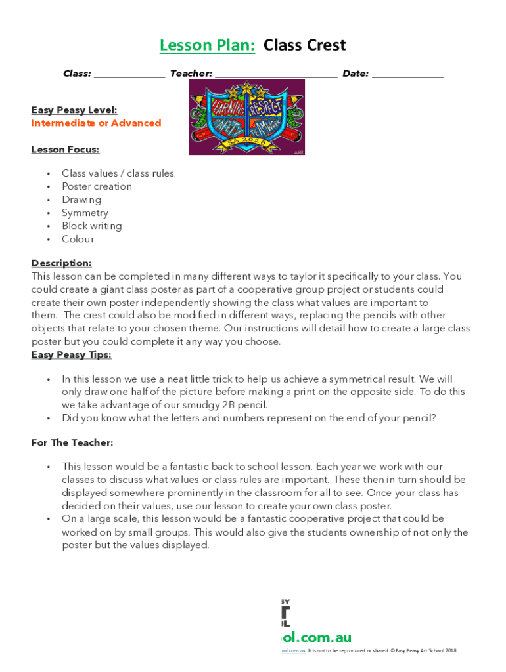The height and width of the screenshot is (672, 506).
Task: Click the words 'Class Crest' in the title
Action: tap(304, 45)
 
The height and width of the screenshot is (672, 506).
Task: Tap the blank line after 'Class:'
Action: tap(129, 75)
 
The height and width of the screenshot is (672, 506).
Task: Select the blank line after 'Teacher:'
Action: tap(275, 75)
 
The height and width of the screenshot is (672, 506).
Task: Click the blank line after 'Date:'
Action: tap(407, 75)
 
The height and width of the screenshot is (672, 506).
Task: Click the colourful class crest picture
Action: tap(246, 117)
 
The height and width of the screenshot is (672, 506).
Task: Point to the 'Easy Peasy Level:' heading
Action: tap(74, 110)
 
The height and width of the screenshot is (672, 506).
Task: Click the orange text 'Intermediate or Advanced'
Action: tap(96, 123)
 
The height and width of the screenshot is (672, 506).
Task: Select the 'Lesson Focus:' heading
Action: tap(65, 150)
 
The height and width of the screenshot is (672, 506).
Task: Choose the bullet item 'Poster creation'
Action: tap(97, 186)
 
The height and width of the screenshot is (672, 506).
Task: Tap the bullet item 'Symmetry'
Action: tap(85, 213)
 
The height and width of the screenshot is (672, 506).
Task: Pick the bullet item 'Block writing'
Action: tap(91, 226)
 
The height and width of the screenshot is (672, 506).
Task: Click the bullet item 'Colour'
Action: tap(78, 239)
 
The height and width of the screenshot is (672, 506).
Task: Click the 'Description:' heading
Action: tap(61, 263)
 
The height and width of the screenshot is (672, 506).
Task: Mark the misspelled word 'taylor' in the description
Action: tap(304, 276)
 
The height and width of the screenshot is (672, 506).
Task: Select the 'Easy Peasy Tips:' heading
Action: tap(71, 355)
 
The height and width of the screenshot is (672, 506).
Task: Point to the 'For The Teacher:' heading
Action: tap(72, 443)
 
